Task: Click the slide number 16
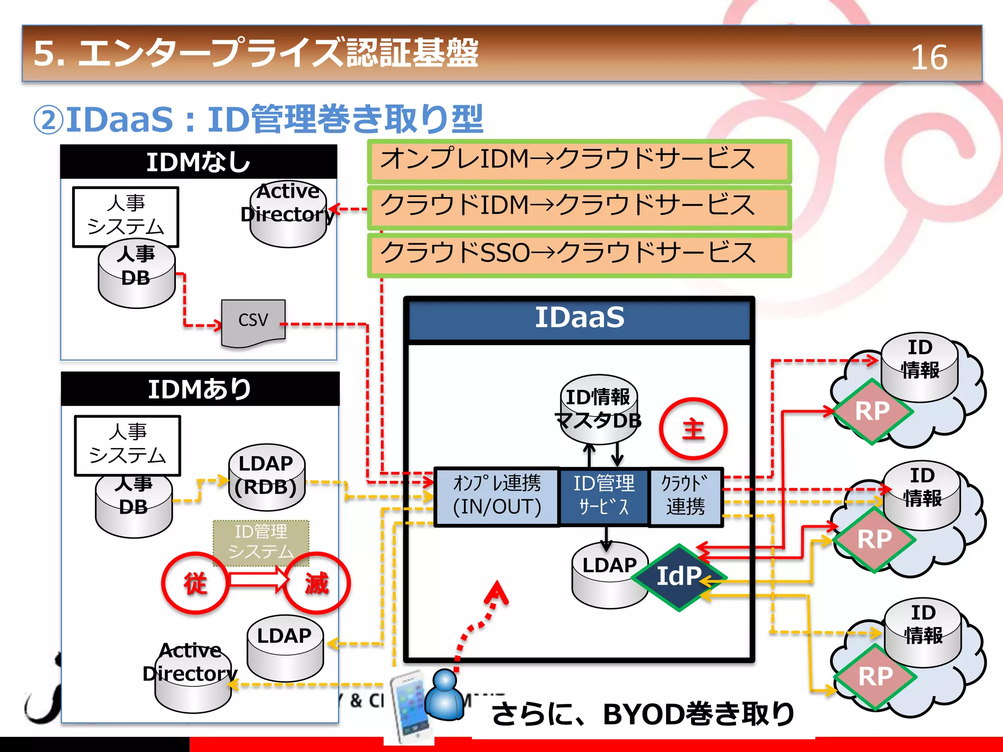[929, 57]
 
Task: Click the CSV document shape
[253, 322]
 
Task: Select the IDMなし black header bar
[198, 162]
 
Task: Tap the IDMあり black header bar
[200, 389]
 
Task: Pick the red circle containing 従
[195, 583]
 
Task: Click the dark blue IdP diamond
[679, 577]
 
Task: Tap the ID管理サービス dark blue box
[604, 495]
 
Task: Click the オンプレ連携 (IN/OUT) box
[497, 495]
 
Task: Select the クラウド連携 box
[686, 495]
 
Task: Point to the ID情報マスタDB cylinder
[598, 409]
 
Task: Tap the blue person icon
[445, 696]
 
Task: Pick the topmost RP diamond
[872, 411]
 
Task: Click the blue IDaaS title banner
[579, 319]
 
